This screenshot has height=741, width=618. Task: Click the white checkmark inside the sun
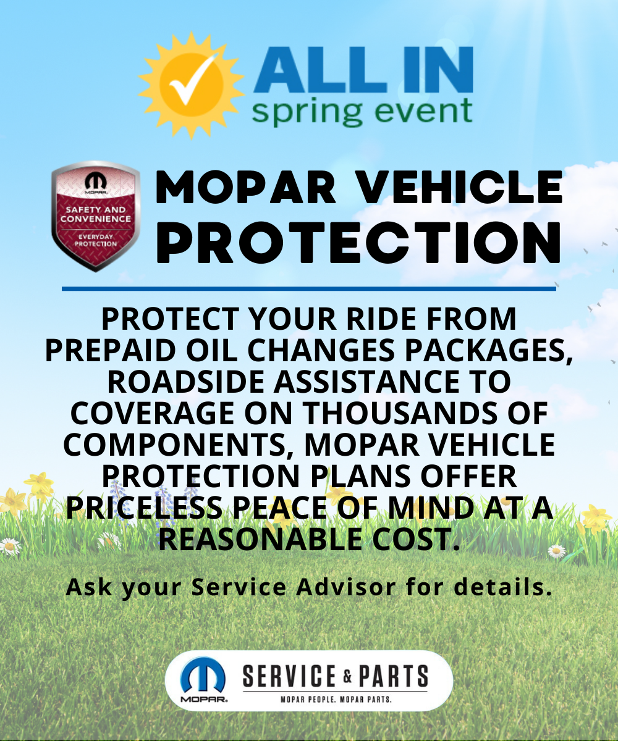tap(192, 80)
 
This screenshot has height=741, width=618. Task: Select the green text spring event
tap(362, 111)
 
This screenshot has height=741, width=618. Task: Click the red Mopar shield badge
tap(96, 216)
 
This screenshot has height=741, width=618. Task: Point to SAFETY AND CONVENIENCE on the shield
tap(96, 214)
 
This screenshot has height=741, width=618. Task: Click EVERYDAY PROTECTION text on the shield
tap(96, 240)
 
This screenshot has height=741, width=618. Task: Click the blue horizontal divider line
tap(308, 289)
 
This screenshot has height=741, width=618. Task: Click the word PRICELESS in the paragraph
tap(144, 508)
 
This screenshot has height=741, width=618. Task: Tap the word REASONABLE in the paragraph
tap(260, 539)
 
